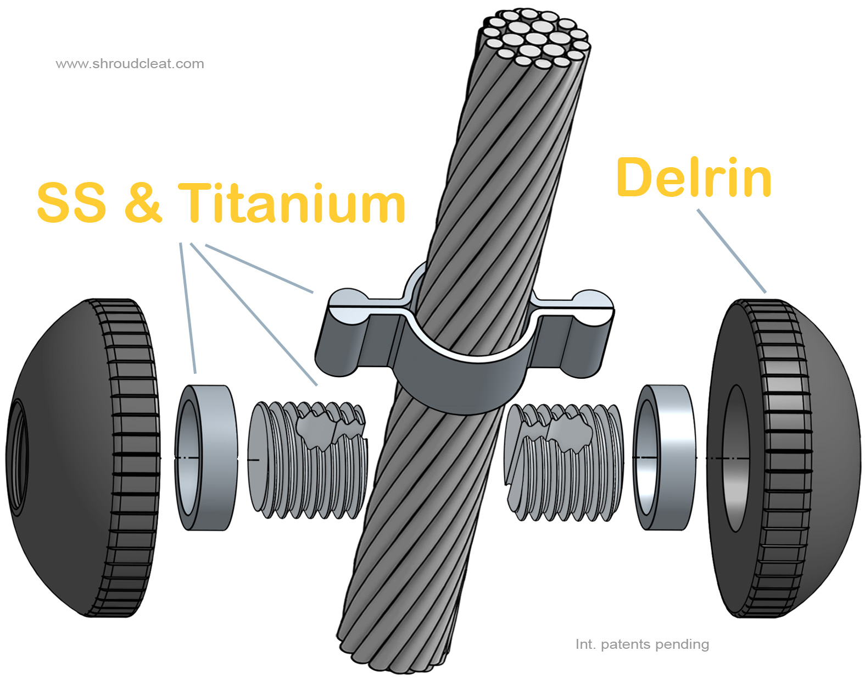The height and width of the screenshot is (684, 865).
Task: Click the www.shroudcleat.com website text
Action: (130, 64)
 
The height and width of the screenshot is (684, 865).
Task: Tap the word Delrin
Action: (694, 178)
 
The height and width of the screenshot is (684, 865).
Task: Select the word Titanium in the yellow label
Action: (292, 203)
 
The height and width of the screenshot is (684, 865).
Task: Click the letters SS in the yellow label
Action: (71, 203)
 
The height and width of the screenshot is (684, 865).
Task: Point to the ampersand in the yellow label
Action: (143, 203)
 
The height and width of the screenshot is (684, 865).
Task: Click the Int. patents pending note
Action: (642, 644)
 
